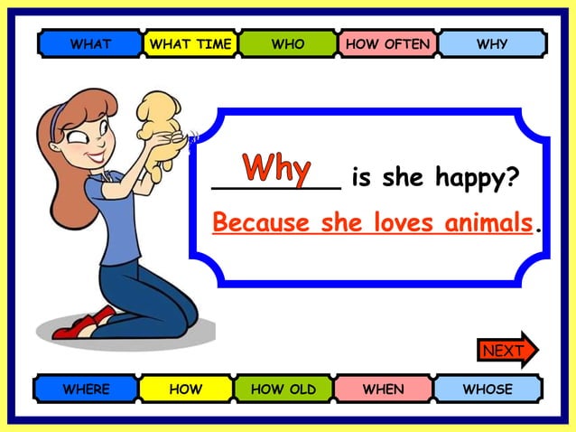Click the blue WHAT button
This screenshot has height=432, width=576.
(90, 43)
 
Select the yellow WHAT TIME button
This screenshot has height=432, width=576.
(190, 43)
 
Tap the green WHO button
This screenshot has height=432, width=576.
(288, 43)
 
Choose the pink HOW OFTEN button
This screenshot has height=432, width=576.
(388, 43)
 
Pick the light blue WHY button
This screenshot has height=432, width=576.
(492, 43)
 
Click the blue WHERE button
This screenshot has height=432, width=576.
(86, 390)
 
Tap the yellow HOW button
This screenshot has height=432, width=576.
(186, 390)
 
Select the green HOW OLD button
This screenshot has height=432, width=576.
(283, 390)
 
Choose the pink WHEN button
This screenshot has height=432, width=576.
(384, 390)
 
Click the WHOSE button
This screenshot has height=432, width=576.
(488, 390)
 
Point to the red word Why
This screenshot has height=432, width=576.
(277, 167)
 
